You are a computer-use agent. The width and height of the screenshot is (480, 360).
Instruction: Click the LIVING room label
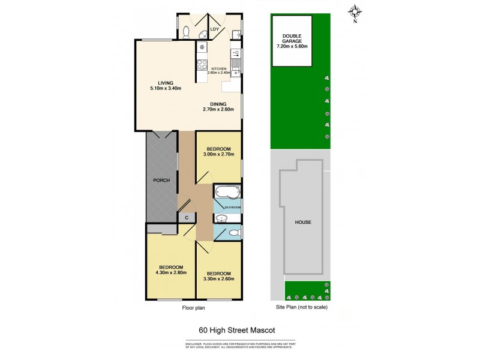pos(166,83)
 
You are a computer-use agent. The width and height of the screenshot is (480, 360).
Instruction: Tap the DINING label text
pos(214,104)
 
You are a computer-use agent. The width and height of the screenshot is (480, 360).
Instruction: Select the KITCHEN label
pos(218,69)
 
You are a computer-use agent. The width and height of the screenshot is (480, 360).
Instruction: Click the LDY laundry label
pos(214,28)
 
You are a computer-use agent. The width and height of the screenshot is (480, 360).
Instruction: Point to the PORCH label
pos(161,180)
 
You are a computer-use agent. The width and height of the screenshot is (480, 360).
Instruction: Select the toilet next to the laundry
pos(187,32)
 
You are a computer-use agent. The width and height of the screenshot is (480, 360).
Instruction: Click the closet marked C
pos(187,218)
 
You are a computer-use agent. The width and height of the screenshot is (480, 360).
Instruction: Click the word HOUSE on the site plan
pos(303,222)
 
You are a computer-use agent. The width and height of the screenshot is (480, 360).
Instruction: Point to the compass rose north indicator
pos(355,11)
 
